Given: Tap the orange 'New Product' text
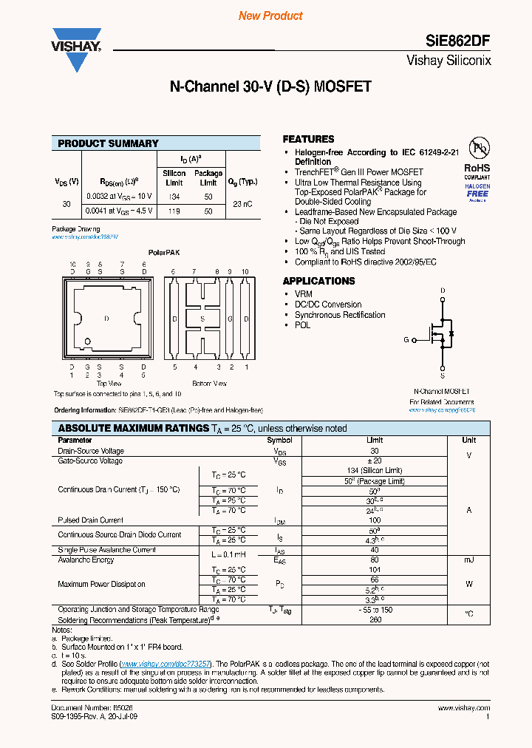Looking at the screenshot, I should coord(270,16).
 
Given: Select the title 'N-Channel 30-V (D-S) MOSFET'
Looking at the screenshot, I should coord(270,86).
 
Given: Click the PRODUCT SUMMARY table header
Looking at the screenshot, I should coord(109,143).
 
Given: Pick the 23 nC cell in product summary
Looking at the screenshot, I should coord(243,203).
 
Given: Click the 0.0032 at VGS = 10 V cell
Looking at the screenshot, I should coord(119,196).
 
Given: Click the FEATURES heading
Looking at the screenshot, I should coord(308,139).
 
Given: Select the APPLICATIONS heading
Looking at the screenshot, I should coord(318,281).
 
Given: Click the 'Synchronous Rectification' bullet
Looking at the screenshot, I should coord(340,315).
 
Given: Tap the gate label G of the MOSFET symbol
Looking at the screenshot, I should coord(406,340).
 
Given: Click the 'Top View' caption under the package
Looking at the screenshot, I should coord(109,384).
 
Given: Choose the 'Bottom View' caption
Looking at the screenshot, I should coord(210,384).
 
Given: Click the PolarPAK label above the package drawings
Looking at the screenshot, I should coord(164,252).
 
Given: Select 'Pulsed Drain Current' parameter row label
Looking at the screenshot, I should coord(91,520).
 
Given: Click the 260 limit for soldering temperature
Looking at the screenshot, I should coord(375,619).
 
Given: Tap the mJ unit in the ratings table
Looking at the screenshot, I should coord(468,560).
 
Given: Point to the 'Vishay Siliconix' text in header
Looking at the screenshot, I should coord(449,61).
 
